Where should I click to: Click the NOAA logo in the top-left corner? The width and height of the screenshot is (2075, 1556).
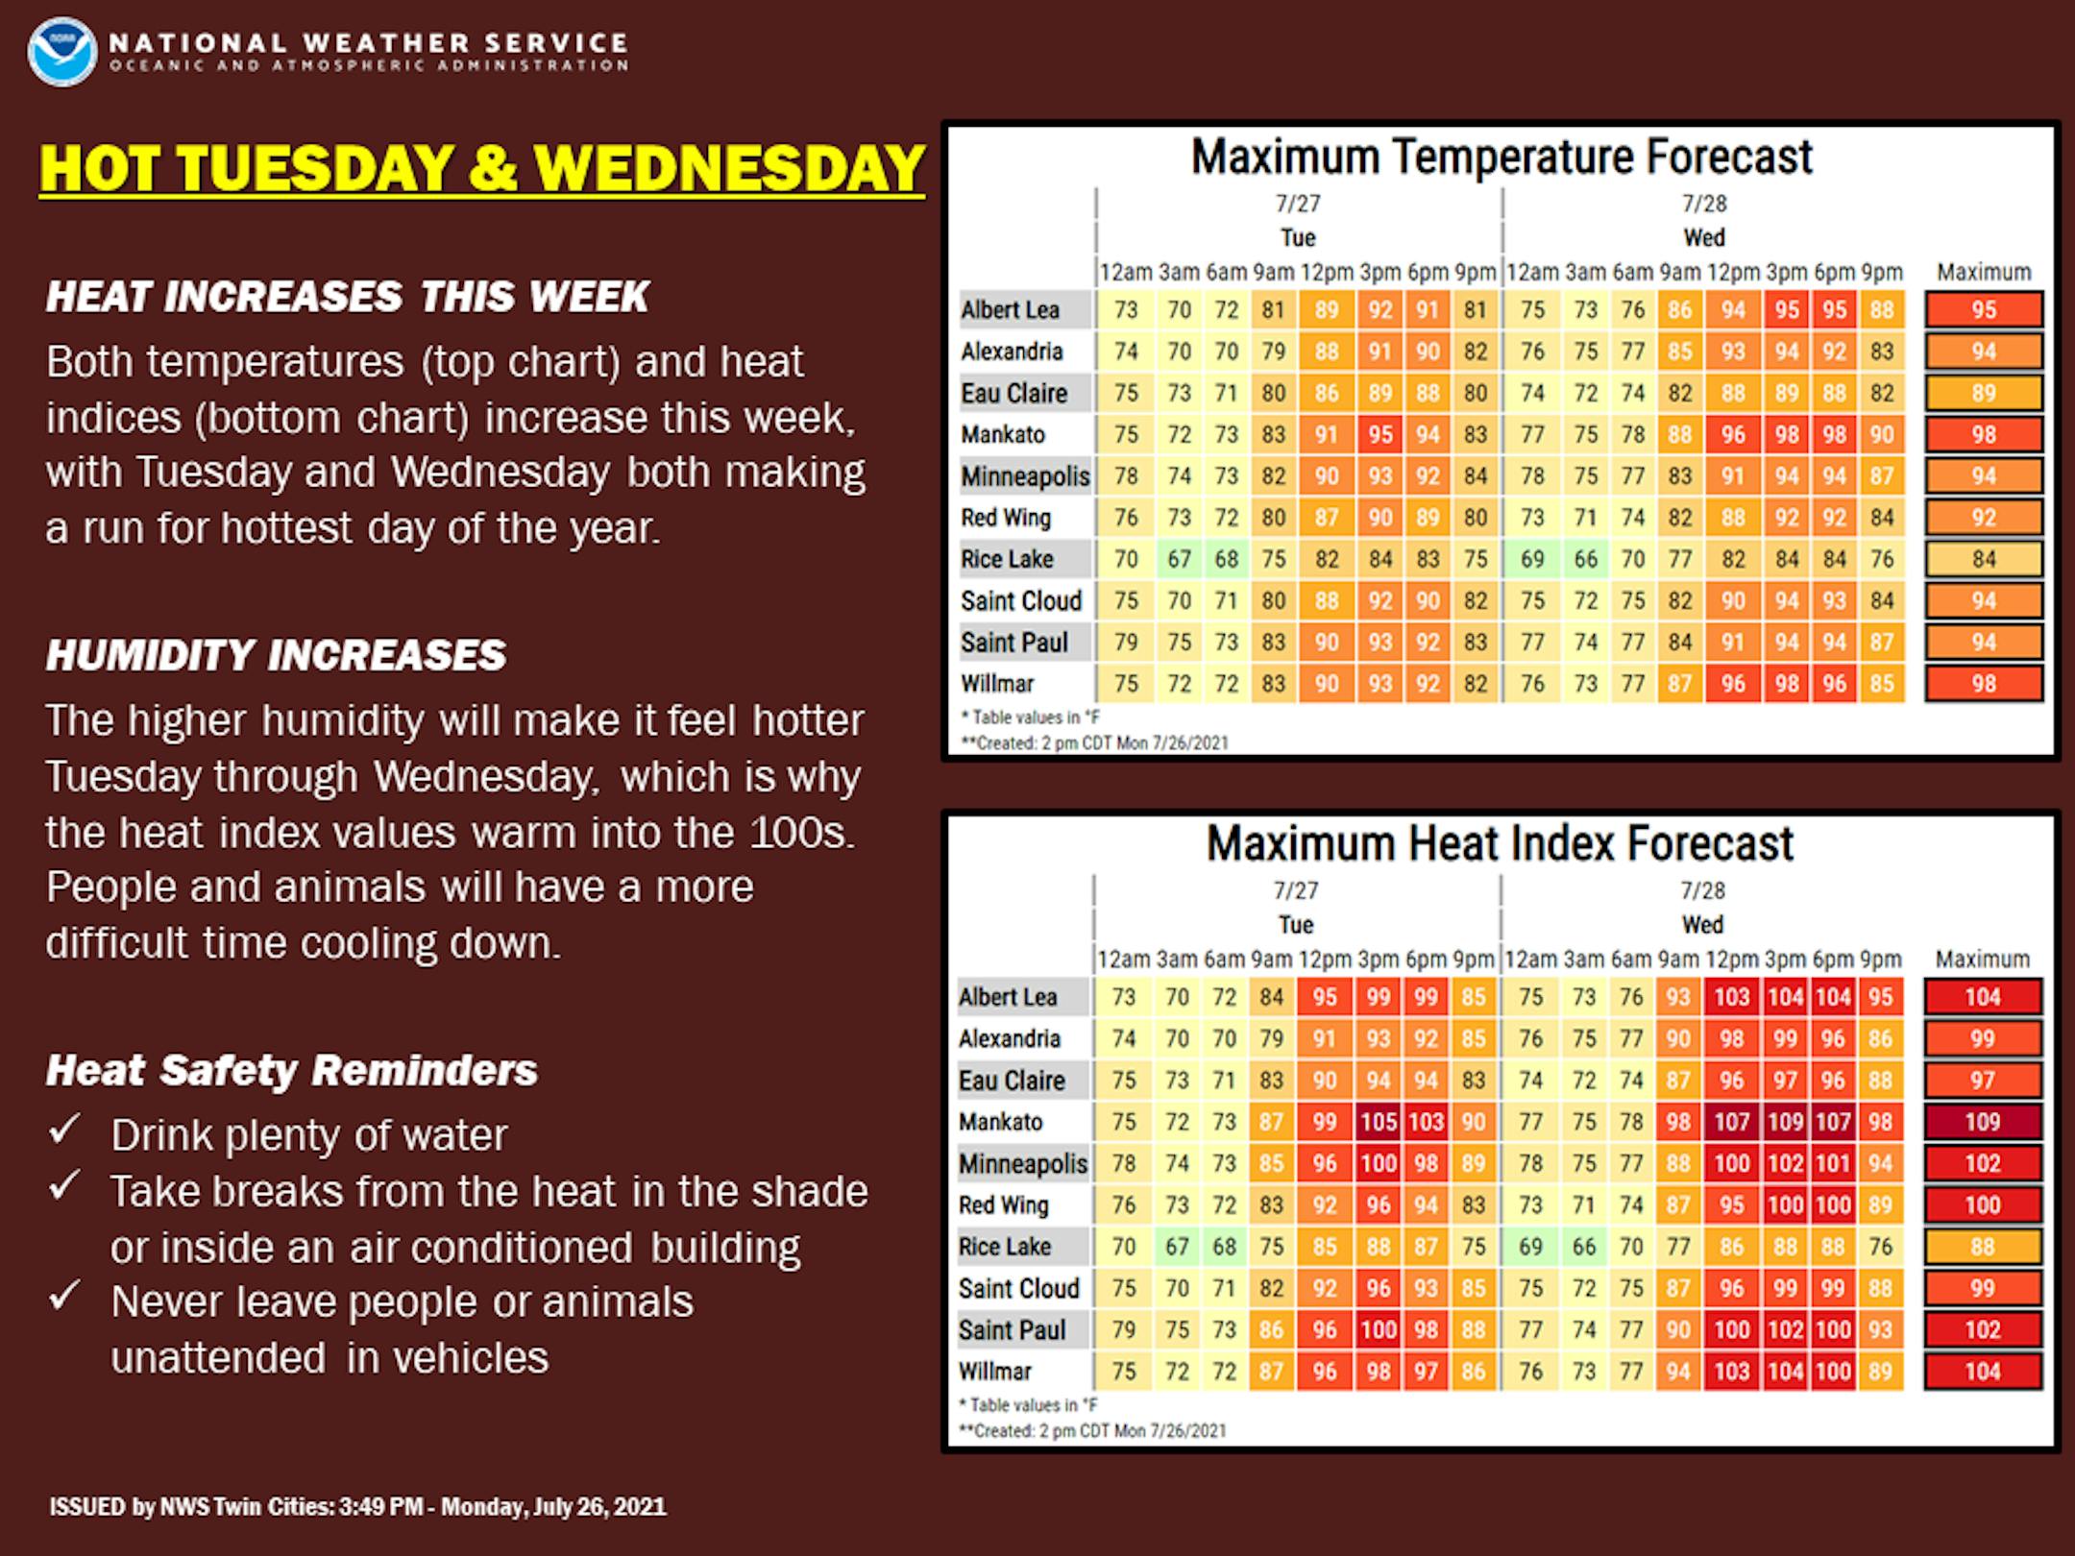62,51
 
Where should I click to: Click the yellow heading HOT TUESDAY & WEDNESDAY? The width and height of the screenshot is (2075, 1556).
482,169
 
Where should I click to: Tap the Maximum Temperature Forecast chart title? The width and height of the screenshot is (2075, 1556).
1501,157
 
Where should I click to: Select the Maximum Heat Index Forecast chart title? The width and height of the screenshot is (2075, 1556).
1500,843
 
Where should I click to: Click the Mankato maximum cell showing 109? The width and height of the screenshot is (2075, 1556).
1983,1122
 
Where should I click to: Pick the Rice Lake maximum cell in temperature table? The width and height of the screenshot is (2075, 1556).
1984,559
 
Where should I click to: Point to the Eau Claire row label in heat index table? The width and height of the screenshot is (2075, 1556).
1013,1081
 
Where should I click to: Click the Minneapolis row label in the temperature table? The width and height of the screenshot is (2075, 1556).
1025,476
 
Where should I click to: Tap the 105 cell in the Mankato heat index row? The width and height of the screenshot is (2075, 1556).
1378,1122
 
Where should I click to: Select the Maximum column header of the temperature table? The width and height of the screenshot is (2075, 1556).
1984,273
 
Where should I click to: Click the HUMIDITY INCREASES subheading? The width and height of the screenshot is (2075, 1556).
276,655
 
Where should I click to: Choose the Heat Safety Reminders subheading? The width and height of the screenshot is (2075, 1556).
292,1071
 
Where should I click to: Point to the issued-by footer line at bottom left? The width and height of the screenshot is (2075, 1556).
357,1506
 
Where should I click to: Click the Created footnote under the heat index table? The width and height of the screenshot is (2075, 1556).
1092,1431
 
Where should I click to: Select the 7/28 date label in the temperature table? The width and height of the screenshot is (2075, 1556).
1704,204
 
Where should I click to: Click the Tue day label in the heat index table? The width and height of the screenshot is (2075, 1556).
1296,925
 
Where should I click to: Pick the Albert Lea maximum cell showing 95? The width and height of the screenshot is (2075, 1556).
1984,310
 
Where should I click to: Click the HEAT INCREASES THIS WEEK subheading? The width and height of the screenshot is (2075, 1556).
348,297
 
